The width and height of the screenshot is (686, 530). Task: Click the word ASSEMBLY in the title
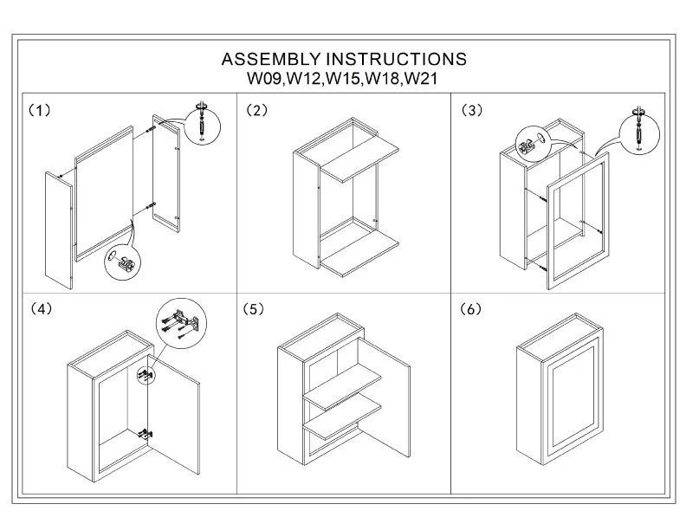tap(270, 60)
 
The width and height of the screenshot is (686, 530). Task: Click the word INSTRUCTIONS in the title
tap(395, 60)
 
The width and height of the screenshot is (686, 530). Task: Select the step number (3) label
tap(471, 111)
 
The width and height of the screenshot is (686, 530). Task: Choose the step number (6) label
tap(471, 309)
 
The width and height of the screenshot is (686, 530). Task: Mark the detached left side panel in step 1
tap(57, 229)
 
